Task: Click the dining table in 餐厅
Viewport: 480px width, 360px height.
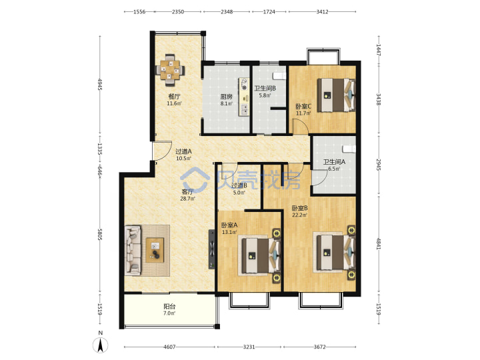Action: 170,70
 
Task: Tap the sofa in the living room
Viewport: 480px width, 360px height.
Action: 133,250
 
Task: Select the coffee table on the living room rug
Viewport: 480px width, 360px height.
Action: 155,250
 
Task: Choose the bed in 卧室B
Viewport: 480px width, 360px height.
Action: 335,252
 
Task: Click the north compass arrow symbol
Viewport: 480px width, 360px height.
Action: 101,345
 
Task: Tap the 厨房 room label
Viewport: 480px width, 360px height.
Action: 227,97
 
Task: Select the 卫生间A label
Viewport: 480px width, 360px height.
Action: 334,161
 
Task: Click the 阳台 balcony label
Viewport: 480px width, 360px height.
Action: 169,306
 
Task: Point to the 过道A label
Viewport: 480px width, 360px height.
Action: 183,151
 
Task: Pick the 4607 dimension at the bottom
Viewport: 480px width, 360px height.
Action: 169,347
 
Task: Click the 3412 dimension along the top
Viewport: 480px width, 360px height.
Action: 322,11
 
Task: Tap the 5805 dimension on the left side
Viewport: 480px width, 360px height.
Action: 100,234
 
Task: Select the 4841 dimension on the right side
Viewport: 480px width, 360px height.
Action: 379,243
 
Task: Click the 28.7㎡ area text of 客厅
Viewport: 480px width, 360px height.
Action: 187,199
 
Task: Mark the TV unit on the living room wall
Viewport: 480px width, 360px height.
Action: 211,249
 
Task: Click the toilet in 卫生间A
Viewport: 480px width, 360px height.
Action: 349,149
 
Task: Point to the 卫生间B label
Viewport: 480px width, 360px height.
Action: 265,89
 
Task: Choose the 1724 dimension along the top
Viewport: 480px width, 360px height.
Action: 269,11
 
